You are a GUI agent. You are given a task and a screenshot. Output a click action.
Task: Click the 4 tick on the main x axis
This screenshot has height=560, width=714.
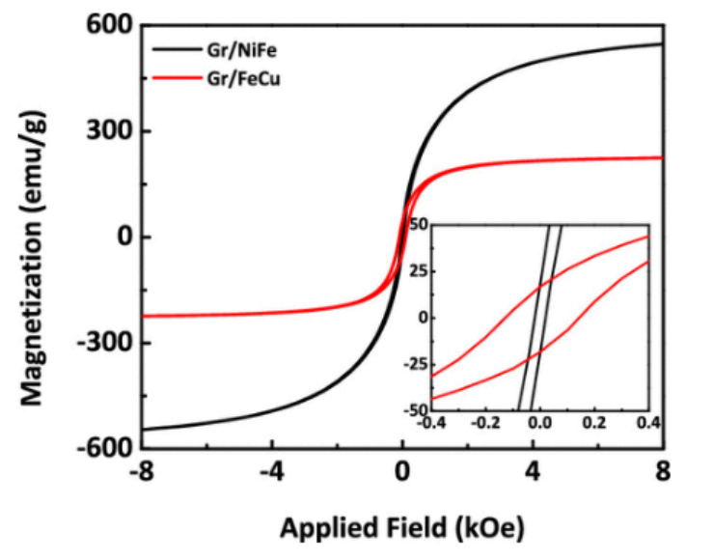click(533, 474)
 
